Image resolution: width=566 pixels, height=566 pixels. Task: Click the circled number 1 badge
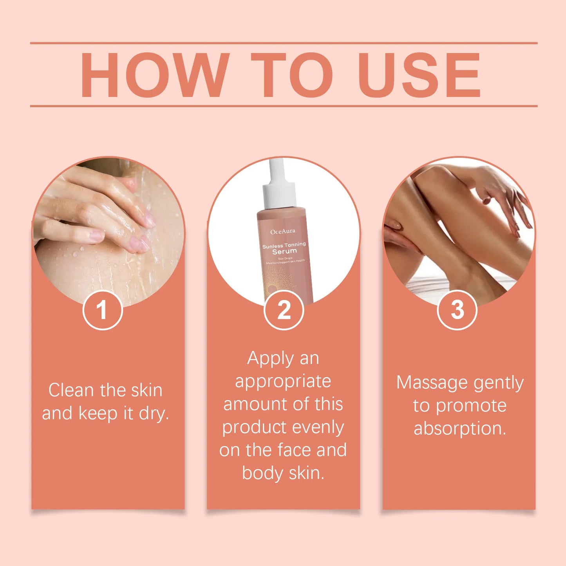tap(103, 310)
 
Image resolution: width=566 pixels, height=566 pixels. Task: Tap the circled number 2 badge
tap(284, 310)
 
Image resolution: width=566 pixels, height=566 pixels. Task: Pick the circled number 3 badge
tap(457, 310)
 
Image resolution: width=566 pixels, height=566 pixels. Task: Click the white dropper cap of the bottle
tap(279, 188)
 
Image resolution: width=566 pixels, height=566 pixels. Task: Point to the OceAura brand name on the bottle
tap(283, 231)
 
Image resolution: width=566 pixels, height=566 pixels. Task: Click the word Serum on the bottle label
tap(285, 251)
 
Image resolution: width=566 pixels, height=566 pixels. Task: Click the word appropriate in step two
tap(283, 382)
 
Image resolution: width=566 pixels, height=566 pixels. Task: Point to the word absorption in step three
tap(459, 429)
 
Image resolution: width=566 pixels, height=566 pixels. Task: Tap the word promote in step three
tap(471, 406)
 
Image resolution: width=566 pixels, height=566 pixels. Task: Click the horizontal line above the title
tap(284, 43)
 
